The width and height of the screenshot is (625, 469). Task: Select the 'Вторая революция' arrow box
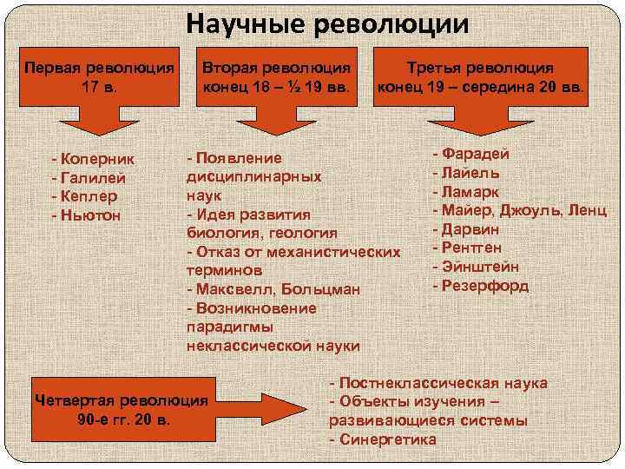[277, 77]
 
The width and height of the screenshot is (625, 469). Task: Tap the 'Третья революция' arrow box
[481, 77]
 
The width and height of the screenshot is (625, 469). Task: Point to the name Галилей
[93, 178]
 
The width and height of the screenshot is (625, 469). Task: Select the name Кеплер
[91, 195]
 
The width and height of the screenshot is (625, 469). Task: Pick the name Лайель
[474, 172]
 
